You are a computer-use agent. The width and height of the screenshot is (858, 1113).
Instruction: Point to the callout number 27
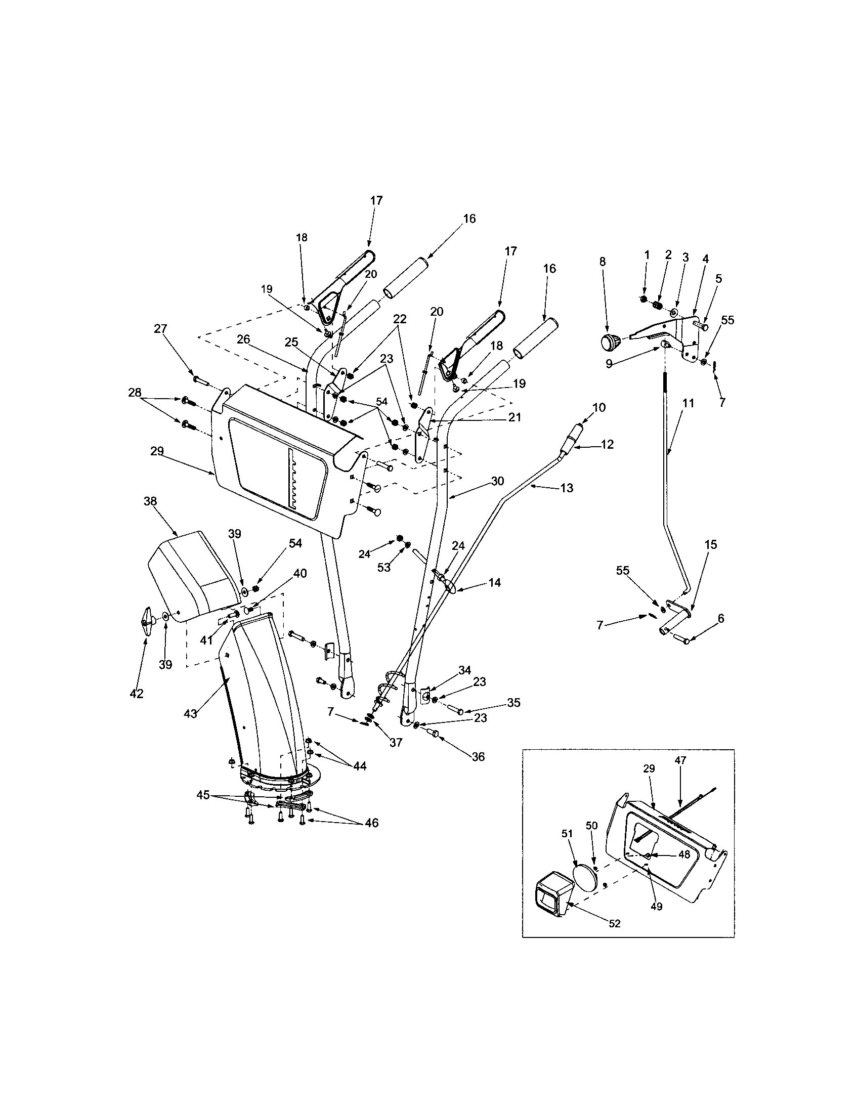click(160, 329)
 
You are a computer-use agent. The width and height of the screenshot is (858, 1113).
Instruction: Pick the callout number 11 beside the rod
click(688, 403)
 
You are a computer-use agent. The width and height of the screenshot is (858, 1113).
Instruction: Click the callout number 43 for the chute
click(190, 714)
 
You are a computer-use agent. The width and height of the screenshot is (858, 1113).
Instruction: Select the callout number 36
click(478, 757)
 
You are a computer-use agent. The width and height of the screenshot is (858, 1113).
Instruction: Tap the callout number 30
click(497, 481)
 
